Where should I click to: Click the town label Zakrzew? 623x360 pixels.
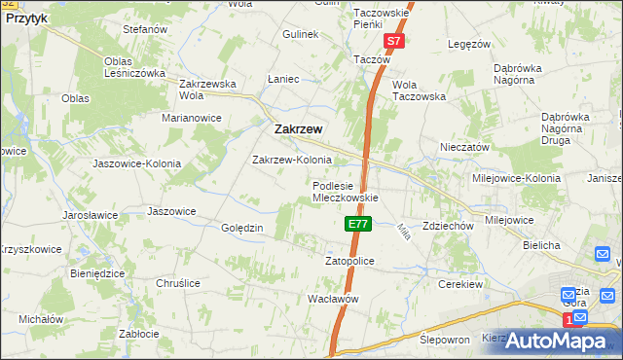click(299, 128)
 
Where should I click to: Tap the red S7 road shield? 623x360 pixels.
click(393, 42)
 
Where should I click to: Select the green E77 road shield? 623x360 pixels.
click(357, 224)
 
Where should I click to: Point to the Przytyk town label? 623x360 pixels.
click(26, 18)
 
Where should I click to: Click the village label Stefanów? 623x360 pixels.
click(146, 30)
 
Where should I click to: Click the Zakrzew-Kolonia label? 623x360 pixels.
click(292, 160)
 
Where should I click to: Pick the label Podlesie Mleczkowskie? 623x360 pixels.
click(345, 191)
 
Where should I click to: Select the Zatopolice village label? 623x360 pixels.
click(348, 262)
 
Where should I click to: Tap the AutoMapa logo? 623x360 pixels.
click(557, 340)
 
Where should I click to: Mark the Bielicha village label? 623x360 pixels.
click(540, 245)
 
